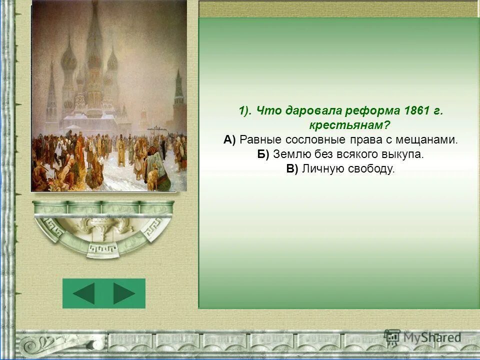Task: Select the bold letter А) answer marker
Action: [x=229, y=140]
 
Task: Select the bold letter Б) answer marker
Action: [x=263, y=154]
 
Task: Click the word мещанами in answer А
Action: [x=432, y=140]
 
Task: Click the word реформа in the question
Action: [x=368, y=110]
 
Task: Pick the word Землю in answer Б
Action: [x=289, y=154]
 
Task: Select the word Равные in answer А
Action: [x=259, y=140]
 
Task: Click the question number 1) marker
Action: [x=245, y=110]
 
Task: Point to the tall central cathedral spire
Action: [x=93, y=45]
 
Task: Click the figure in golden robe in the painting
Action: [x=121, y=153]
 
